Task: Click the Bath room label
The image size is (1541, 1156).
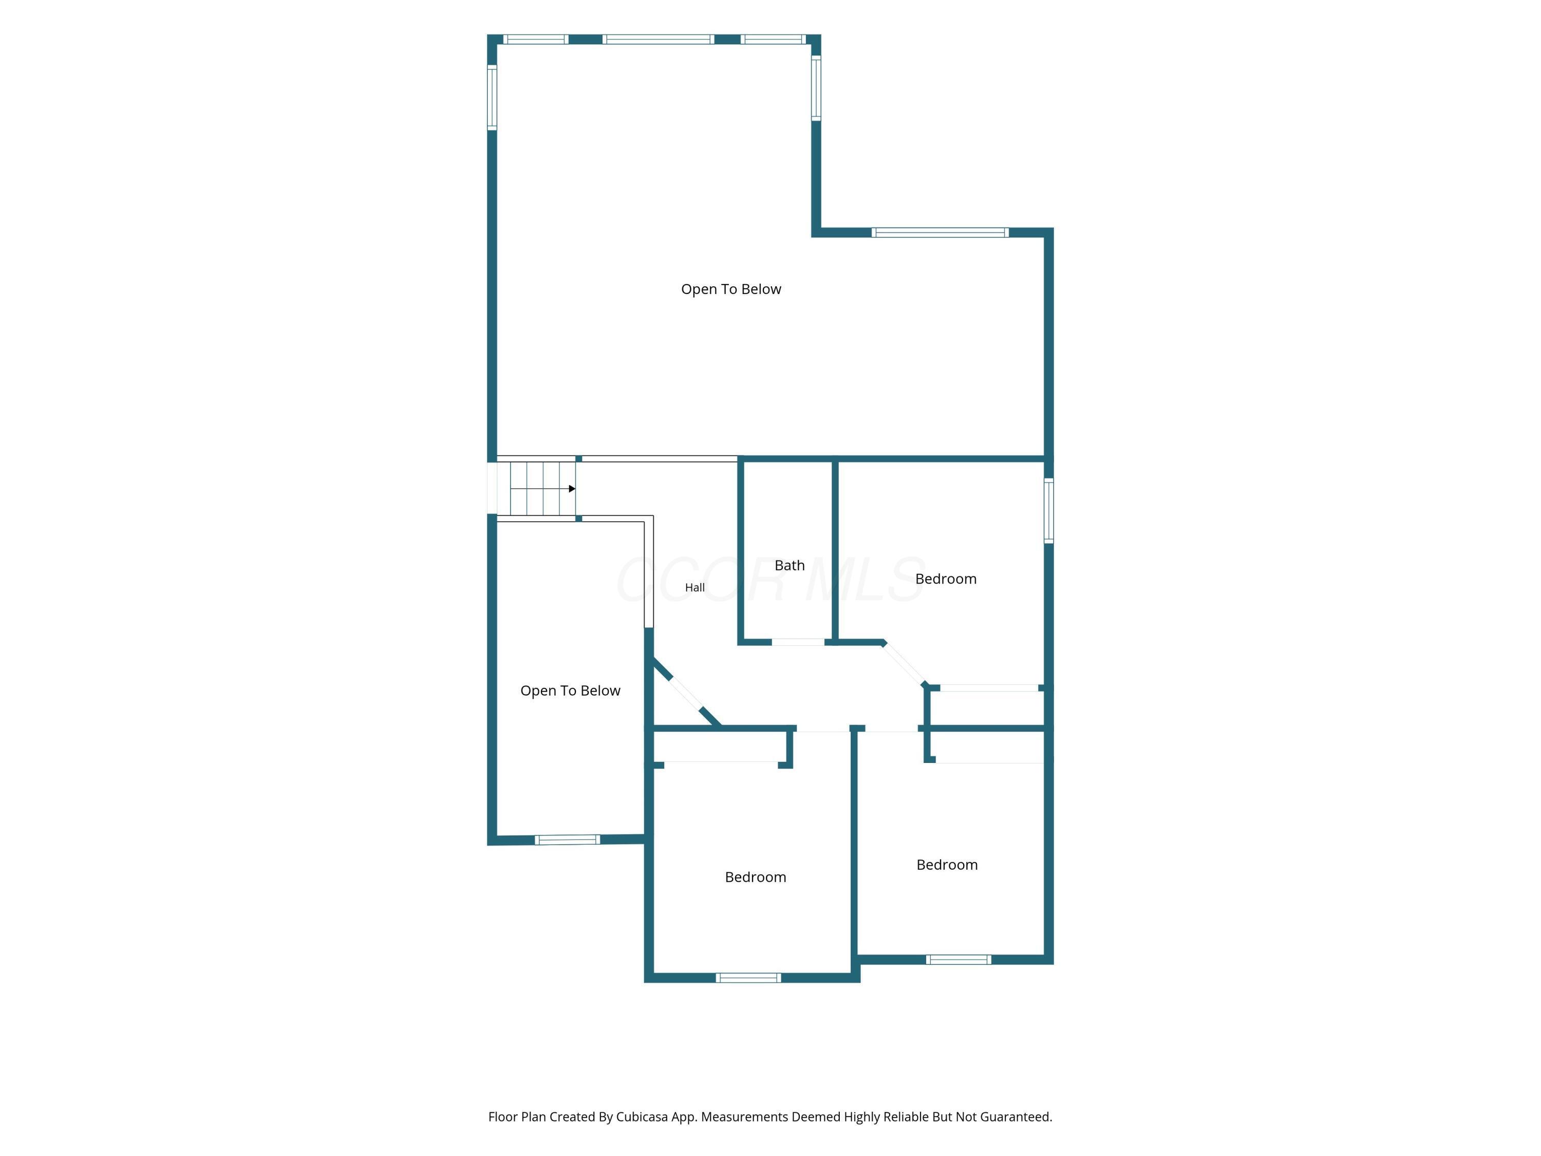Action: click(790, 565)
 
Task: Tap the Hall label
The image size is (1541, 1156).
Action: click(694, 587)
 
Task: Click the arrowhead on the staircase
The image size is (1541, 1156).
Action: click(572, 489)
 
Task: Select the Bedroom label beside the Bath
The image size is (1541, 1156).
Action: click(945, 579)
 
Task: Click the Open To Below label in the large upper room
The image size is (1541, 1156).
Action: click(731, 289)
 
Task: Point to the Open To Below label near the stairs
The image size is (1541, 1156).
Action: click(570, 691)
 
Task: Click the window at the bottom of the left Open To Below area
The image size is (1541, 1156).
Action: click(567, 840)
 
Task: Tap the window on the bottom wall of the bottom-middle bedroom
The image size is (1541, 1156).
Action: click(748, 978)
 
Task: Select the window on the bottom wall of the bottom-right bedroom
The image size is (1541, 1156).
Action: click(958, 960)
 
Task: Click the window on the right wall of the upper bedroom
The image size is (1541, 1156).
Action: click(1048, 511)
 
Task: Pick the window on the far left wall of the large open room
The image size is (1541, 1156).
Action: click(492, 98)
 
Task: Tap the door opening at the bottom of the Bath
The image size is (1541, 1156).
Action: click(798, 642)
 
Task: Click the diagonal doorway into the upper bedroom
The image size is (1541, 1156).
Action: click(904, 663)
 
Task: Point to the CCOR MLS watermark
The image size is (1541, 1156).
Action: click(770, 580)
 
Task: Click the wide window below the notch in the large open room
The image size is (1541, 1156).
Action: click(940, 233)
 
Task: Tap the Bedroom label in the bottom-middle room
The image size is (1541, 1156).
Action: click(755, 878)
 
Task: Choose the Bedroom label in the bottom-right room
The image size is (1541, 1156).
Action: click(947, 865)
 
